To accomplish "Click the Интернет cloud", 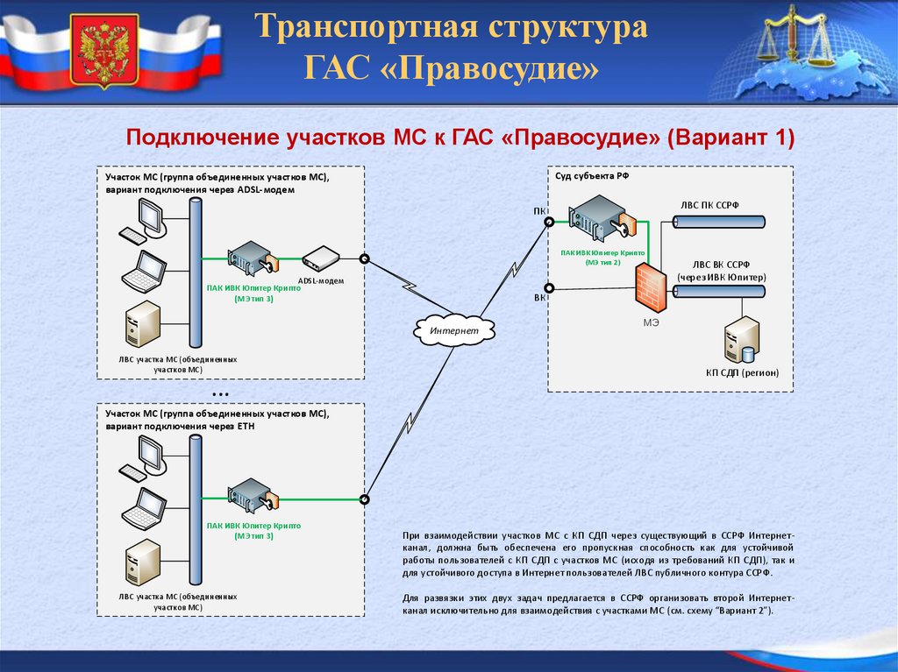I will [x=454, y=329].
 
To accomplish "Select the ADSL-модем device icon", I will [x=320, y=258].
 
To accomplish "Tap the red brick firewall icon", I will [x=651, y=286].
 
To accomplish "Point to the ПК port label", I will [x=538, y=212].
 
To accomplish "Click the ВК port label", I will [x=538, y=299].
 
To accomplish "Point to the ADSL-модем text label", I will [x=320, y=280].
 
